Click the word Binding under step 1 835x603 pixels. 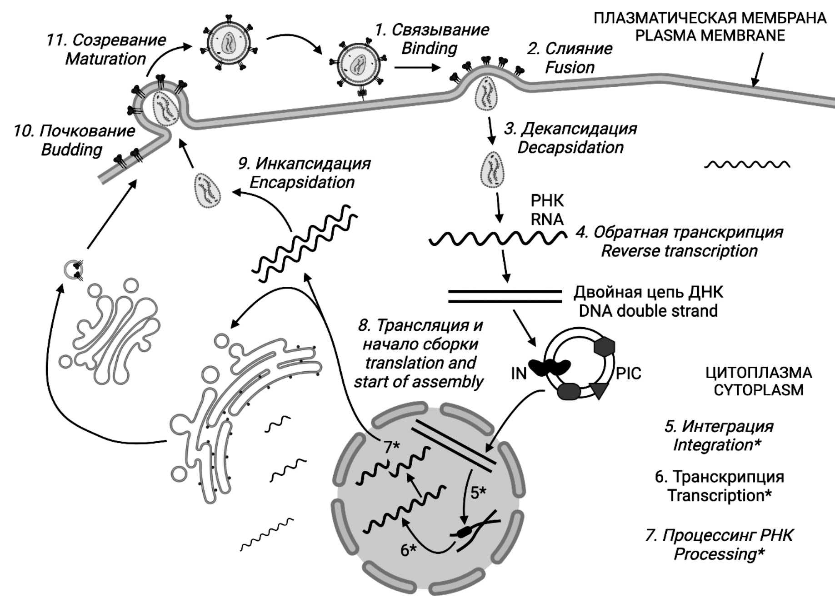click(429, 48)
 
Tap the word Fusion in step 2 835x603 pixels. click(570, 67)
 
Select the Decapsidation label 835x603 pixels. click(570, 148)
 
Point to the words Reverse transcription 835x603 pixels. click(679, 251)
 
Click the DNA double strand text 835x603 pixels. click(648, 311)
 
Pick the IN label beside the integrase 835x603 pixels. click(519, 374)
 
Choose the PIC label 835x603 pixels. click(628, 374)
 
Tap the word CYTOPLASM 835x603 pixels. click(758, 390)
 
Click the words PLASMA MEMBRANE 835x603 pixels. click(710, 35)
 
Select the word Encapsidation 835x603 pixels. click(302, 182)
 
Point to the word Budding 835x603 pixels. click(71, 150)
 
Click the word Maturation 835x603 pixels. click(105, 59)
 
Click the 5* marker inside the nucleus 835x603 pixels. click(478, 493)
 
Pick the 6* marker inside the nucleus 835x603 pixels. click(408, 550)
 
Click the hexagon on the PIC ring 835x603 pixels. click(604, 346)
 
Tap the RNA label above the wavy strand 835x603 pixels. click(547, 219)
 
